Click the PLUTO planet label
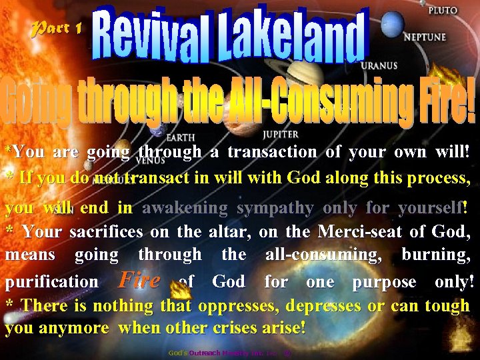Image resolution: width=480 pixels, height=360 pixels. (442, 11)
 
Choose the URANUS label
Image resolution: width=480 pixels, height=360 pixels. (379, 66)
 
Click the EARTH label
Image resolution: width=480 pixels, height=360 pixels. (180, 138)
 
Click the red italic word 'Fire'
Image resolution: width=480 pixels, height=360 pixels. (139, 279)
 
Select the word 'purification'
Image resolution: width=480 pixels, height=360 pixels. (51, 281)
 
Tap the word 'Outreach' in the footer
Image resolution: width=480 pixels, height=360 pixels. (205, 352)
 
